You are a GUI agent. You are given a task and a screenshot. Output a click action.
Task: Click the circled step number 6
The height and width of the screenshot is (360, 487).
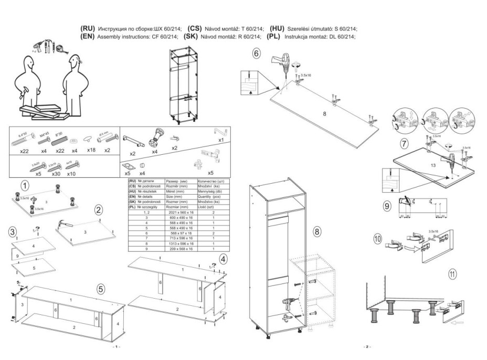coord(256,52)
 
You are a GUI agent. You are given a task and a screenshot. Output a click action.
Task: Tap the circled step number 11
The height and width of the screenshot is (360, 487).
coord(452,273)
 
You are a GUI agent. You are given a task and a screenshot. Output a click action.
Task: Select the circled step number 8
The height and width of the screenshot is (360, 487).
coord(317,231)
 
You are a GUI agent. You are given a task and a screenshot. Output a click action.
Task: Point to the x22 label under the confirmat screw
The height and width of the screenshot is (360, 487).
coord(24,151)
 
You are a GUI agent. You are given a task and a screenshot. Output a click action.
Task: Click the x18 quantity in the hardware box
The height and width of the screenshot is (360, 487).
coord(92,151)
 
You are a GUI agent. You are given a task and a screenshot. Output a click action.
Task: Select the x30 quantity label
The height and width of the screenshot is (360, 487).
coord(54,173)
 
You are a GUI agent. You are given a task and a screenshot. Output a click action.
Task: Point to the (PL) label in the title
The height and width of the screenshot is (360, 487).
coord(273,37)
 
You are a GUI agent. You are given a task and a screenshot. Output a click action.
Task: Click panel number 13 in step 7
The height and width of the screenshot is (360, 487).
coord(433,165)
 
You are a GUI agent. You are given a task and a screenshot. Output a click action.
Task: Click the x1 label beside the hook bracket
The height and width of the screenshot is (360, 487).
coord(221,141)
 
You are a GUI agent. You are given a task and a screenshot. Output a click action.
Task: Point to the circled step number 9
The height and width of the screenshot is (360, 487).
coord(387,206)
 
